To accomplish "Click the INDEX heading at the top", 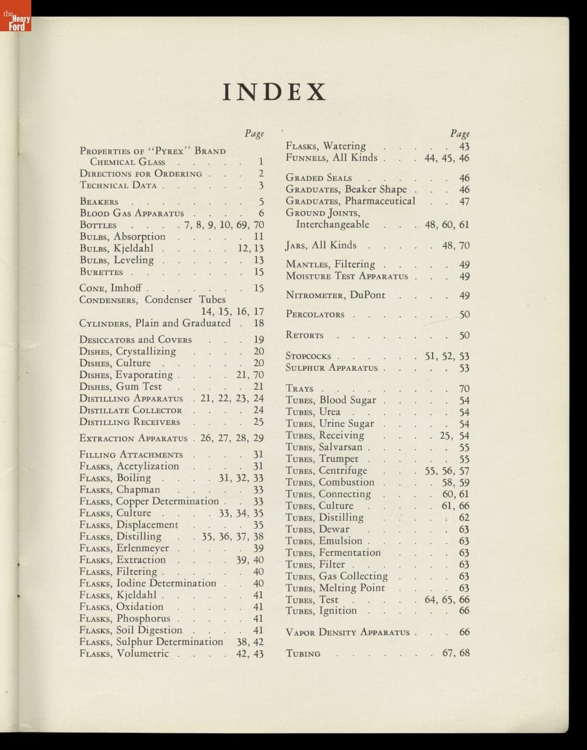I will click(x=275, y=92).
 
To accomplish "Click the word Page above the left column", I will click(x=254, y=133).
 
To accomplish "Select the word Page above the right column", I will click(x=459, y=133).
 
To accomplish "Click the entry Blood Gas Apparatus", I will click(x=132, y=214).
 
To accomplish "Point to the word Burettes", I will click(x=102, y=272).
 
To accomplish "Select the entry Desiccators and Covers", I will click(x=136, y=340).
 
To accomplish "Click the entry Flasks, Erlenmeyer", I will click(x=124, y=548).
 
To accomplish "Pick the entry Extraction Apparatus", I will click(x=133, y=438).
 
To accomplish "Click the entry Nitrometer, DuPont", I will click(x=335, y=295).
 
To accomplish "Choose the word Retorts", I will click(x=304, y=336).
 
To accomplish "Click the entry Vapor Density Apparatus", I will click(x=348, y=632).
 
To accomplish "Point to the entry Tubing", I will click(x=303, y=654).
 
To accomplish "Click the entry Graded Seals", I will click(x=319, y=178).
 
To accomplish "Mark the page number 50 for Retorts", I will click(x=464, y=336).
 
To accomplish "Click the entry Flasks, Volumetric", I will click(x=124, y=654).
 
